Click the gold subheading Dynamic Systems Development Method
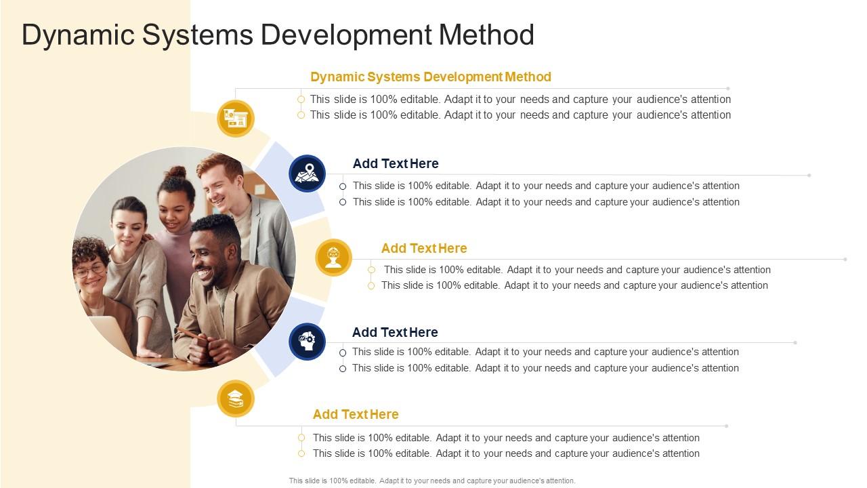431,77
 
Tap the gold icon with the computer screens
236,119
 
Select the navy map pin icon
307,173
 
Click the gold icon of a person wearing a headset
333,258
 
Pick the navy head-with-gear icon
307,341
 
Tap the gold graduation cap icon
236,399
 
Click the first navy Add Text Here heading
396,163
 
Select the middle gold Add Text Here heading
424,248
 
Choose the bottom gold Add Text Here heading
356,414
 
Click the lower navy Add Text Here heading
395,332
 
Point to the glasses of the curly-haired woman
90,270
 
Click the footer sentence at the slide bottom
432,481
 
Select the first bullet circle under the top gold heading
301,100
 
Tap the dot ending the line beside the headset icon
846,259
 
